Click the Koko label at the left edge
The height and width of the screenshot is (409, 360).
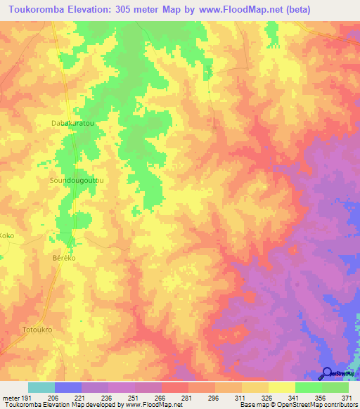tap(7, 236)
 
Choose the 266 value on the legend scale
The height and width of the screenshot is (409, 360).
tap(160, 398)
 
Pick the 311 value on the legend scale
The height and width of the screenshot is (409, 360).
tap(240, 398)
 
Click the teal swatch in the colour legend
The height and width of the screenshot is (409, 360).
tap(41, 387)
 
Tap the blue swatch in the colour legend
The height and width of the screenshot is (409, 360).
tap(67, 387)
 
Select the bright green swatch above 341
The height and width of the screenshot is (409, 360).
tap(308, 387)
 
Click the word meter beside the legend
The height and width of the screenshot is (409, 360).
tap(9, 398)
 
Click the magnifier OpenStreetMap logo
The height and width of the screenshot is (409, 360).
tap(327, 372)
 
